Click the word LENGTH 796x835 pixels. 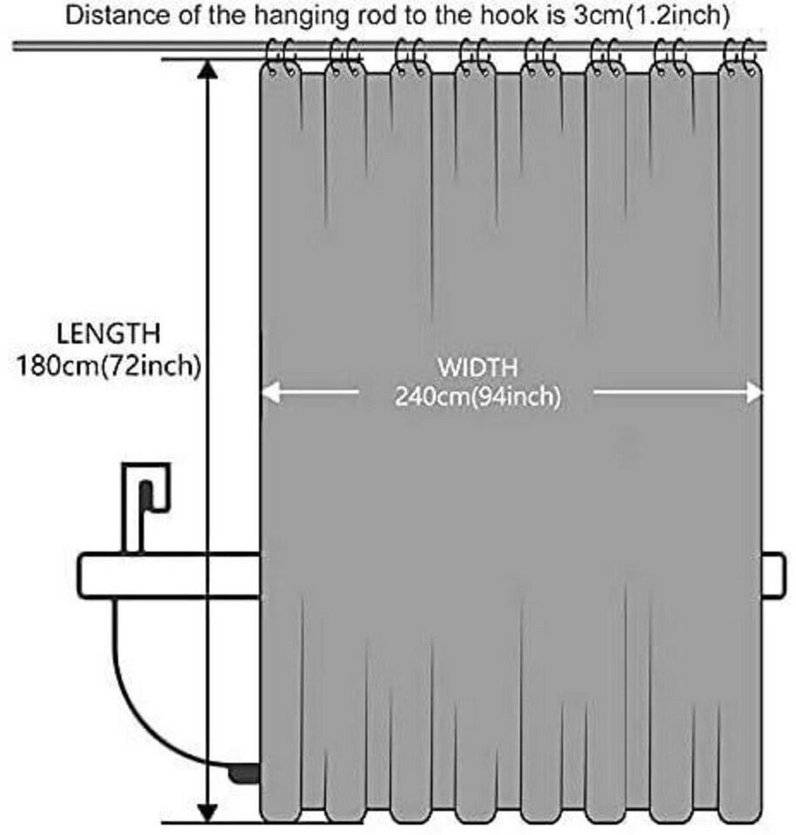point(108,333)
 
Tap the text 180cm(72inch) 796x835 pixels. point(109,366)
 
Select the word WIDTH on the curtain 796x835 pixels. point(478,368)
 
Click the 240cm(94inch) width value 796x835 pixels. point(478,397)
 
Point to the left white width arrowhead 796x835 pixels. point(271,393)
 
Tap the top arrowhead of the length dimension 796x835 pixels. point(207,69)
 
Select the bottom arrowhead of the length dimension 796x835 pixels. point(207,812)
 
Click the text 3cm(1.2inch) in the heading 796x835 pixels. point(652,16)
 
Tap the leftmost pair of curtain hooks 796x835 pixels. point(281,57)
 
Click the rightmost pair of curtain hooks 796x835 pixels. point(740,57)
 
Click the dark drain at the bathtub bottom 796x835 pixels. point(244,774)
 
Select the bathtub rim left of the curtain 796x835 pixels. point(170,576)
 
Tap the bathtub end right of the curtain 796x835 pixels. point(773,576)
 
